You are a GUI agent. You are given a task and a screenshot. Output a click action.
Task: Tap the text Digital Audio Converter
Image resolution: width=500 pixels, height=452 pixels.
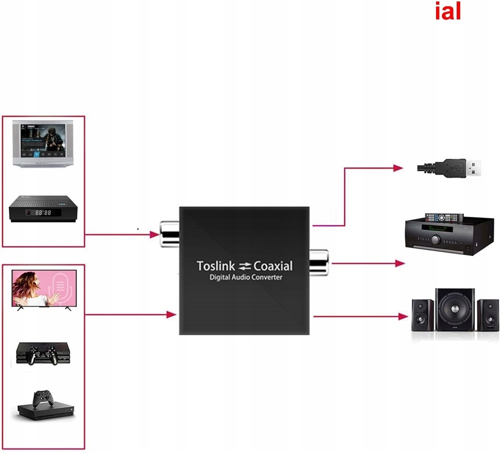[x=245, y=277]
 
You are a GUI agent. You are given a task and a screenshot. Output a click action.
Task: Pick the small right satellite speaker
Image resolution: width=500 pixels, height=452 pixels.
[x=487, y=315]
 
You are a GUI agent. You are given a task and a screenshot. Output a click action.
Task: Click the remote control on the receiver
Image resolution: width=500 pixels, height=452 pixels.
[x=444, y=218]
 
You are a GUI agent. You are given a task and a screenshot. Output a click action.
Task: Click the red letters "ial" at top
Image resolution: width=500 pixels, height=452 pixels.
[x=447, y=12]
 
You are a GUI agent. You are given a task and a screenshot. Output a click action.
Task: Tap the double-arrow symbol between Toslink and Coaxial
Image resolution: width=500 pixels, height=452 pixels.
[x=245, y=266]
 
